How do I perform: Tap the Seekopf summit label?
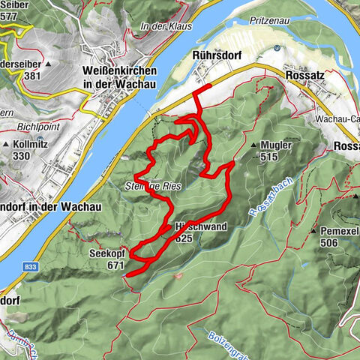coord(104,253)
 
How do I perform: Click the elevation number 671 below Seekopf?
coord(115,265)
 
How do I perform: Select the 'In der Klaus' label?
coord(161,27)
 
